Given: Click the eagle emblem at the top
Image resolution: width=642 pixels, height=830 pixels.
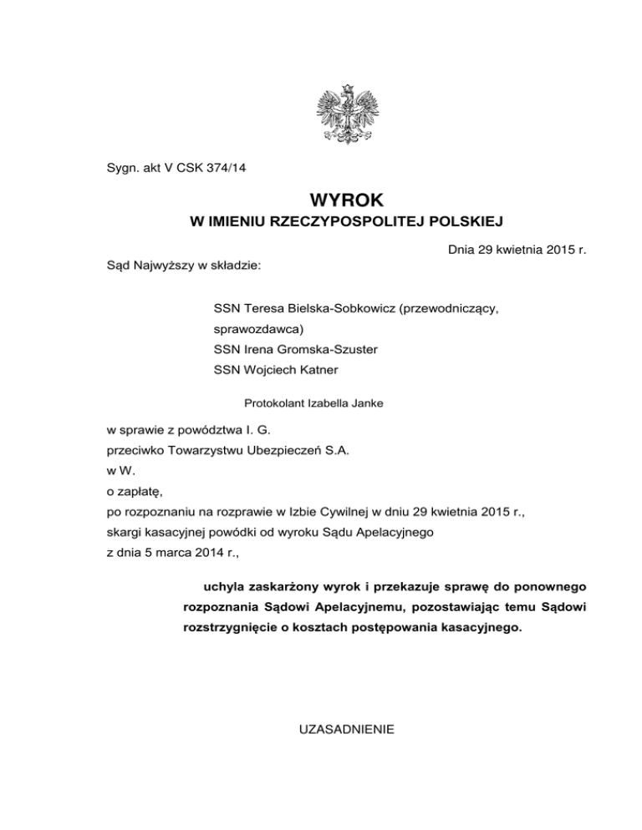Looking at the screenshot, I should (x=346, y=114).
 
